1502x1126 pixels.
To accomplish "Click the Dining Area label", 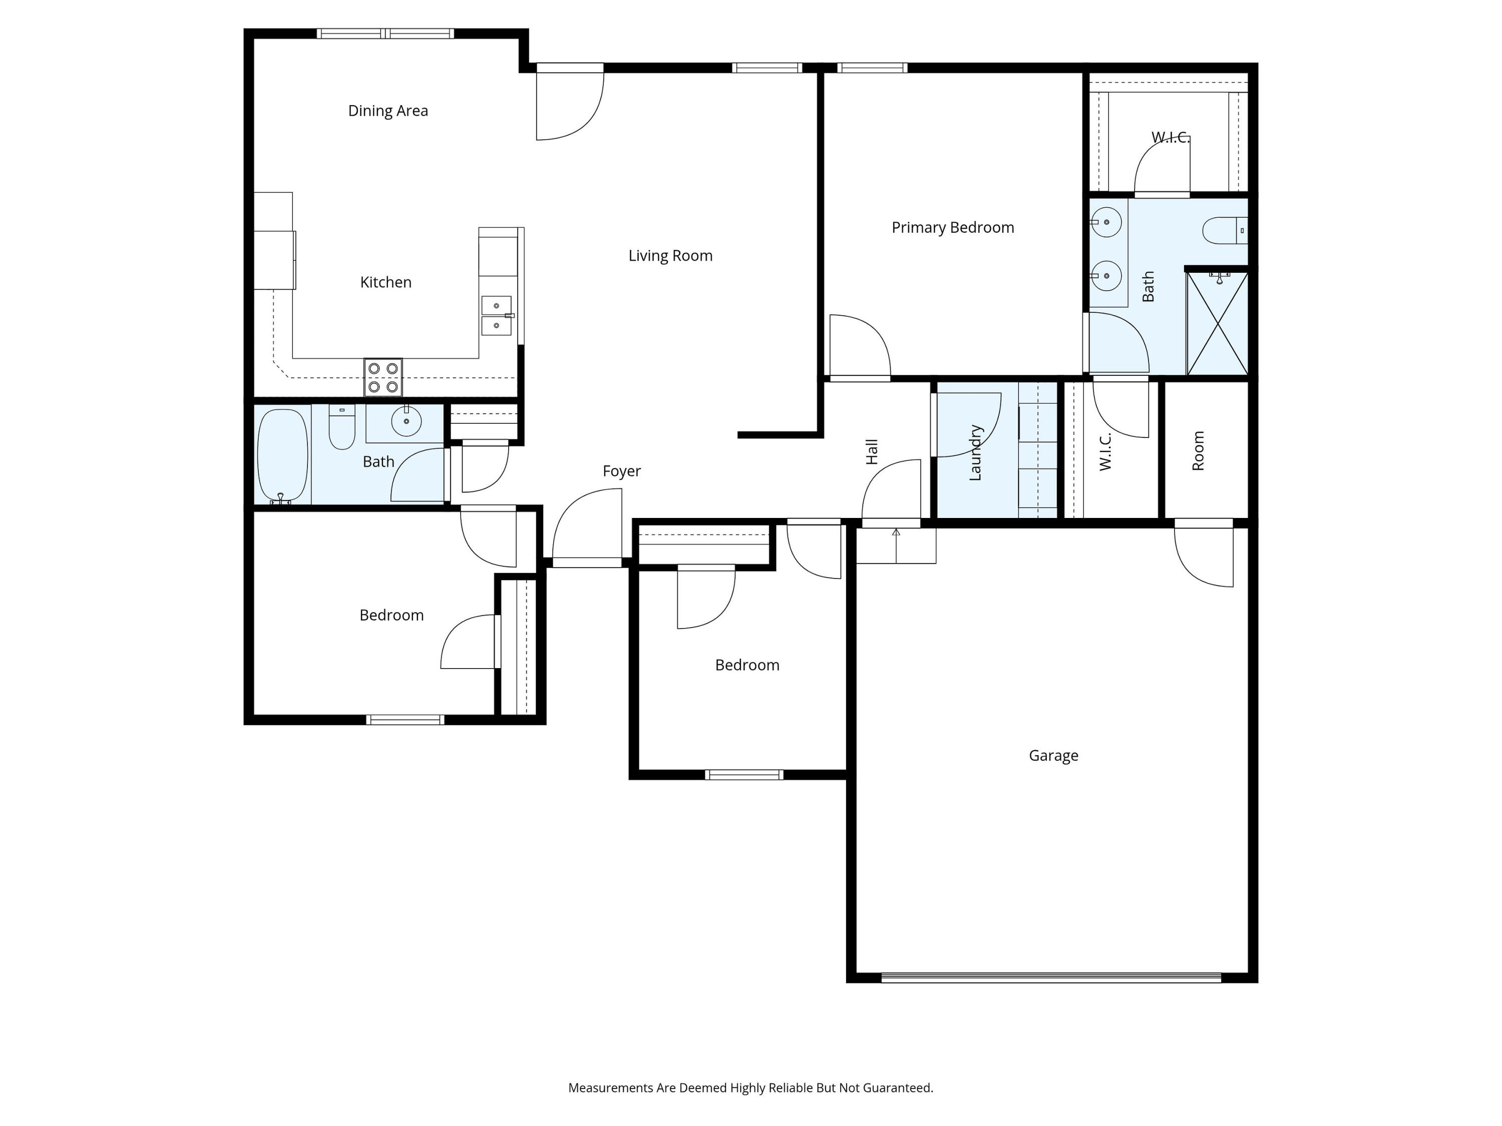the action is (388, 111).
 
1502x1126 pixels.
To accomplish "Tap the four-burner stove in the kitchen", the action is (383, 377).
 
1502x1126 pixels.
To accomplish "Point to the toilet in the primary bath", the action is (1225, 230).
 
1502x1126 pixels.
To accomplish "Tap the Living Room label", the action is (670, 256).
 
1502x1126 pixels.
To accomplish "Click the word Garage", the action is (1053, 755).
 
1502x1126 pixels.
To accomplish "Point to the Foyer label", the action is (621, 471).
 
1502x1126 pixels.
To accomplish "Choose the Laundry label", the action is (975, 453).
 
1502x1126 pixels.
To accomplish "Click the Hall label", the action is (872, 451).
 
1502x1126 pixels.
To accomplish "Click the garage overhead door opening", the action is (1051, 978).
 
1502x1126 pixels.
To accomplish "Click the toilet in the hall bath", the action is (341, 427).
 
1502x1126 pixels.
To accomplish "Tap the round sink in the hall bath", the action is (406, 421).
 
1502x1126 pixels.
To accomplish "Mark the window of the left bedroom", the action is (406, 720).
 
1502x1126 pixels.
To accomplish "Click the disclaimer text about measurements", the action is (750, 1088).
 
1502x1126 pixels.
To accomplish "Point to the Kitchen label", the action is (386, 282).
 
